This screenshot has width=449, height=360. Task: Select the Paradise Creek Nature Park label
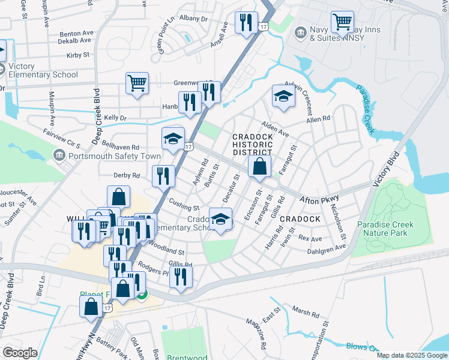coord(390,229)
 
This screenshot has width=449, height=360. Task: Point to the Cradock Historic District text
coord(252,145)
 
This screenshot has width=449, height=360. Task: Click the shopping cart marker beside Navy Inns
coord(342,22)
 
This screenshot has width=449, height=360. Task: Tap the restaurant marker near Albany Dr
coord(246,23)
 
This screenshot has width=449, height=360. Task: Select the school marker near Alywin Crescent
coord(283,96)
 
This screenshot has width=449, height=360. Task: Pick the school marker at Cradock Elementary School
coord(220,219)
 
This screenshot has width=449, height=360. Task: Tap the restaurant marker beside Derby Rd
coord(163,176)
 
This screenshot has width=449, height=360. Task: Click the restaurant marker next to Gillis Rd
coord(180,276)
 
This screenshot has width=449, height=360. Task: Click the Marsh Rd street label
coord(306,313)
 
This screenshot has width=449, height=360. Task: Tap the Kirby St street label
coord(78,55)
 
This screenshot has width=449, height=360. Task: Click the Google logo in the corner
coord(20,353)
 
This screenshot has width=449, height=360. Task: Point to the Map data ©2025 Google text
coord(411,355)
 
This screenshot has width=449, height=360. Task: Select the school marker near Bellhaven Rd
coord(173,139)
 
